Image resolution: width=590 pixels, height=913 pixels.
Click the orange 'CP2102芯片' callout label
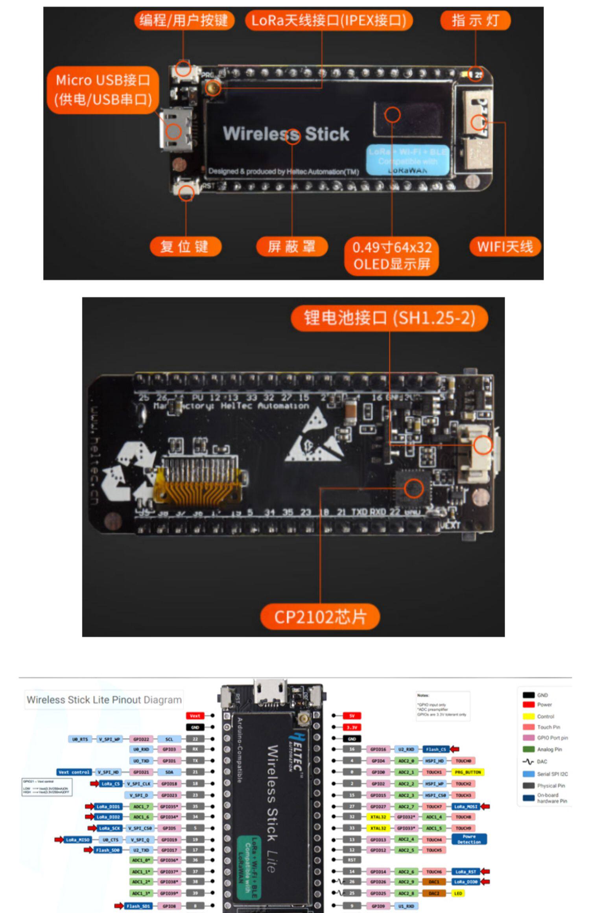coord(320,617)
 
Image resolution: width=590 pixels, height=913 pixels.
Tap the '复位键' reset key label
coord(185,247)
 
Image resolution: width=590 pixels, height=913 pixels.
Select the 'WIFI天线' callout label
coord(505,247)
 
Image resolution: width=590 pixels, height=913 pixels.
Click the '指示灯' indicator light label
coord(475,20)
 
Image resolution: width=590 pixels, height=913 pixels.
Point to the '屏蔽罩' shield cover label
coord(291,247)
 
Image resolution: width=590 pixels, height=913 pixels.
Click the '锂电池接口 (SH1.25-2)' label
coord(389,318)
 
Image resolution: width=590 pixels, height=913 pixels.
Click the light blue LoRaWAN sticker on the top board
coord(407,160)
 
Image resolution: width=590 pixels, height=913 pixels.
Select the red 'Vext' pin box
coord(195,716)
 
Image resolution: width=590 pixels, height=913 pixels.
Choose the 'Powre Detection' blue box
coord(469,839)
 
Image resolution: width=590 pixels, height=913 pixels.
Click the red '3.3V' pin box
coord(352,727)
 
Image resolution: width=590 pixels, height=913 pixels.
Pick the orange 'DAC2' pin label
coord(434,893)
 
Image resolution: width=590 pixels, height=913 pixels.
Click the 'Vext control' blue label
coord(74,772)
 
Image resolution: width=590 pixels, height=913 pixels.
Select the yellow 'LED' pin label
coord(458,893)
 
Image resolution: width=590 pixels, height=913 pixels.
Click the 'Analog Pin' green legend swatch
coord(528,749)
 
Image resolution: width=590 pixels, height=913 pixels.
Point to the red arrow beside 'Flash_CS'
coord(455,749)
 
